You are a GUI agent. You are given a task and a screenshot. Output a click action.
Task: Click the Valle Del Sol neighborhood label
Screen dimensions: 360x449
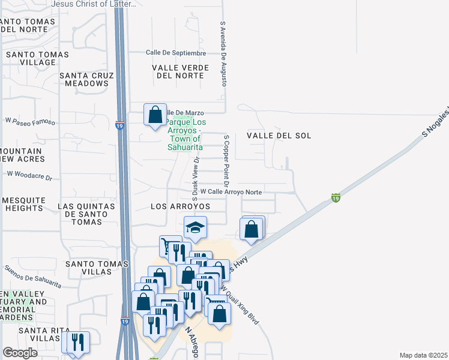[279, 136]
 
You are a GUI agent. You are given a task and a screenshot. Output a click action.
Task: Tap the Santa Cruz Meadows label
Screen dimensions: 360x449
[84, 79]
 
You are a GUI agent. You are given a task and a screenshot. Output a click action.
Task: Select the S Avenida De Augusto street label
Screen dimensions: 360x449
[223, 54]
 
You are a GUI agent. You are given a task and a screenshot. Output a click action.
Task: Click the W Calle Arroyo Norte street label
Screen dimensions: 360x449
[231, 191]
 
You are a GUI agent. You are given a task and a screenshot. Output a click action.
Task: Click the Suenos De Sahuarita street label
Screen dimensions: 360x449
[33, 275]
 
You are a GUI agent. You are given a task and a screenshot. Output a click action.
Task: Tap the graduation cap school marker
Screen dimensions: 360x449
[195, 228]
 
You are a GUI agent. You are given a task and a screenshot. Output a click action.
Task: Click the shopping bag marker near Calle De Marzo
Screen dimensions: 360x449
[155, 115]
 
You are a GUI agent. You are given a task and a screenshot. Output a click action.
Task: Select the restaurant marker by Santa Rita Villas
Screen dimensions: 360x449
[77, 343]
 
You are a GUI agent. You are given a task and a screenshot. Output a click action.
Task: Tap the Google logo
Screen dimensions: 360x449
[20, 353]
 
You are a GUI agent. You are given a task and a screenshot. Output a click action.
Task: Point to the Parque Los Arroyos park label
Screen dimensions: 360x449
[185, 133]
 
